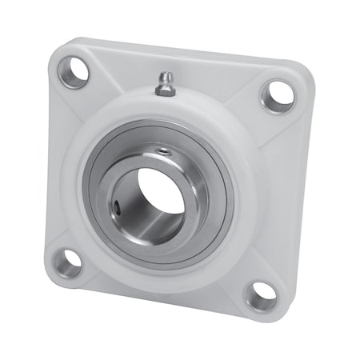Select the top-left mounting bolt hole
72,72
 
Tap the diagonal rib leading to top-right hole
248,120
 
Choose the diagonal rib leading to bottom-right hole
240,272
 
